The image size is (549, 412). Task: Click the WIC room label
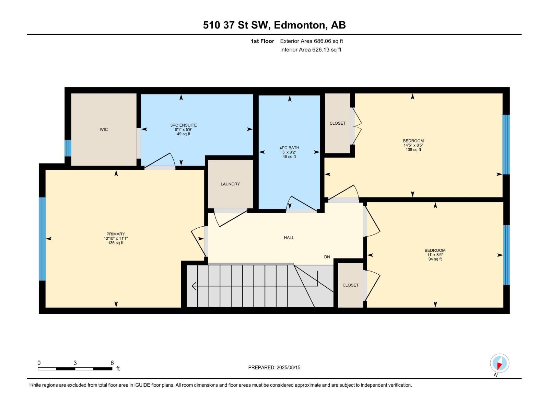[104, 129]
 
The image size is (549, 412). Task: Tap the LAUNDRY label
[230, 184]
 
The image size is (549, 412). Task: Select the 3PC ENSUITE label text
[184, 125]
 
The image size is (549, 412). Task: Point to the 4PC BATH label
[289, 148]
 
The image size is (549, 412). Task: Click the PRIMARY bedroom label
[116, 234]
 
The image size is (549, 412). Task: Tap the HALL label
[289, 238]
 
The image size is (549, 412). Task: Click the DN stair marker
[327, 257]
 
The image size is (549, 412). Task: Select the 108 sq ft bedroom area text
[413, 150]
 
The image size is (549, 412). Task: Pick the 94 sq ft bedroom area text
[435, 259]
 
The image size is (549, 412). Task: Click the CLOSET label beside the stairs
[350, 285]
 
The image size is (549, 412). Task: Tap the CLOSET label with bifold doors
[337, 123]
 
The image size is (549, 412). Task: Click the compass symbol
[500, 363]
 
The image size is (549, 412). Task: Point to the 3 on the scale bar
[75, 363]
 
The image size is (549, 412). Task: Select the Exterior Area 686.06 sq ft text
[312, 41]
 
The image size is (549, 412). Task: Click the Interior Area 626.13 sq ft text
[311, 49]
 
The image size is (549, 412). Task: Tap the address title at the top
[274, 25]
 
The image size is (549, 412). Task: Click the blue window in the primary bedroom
[42, 239]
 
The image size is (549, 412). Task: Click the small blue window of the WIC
[68, 148]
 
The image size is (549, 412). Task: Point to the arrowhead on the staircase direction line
[194, 286]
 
